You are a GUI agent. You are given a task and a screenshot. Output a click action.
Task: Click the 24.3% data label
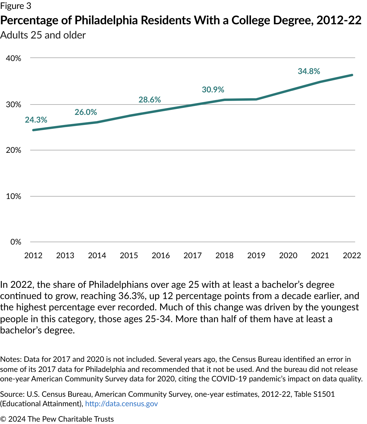pos(36,120)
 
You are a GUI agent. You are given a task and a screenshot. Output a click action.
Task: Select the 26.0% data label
pos(86,112)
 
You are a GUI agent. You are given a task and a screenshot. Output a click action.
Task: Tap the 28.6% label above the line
pos(150,99)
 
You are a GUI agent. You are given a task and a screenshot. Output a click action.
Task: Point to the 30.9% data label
pos(213,89)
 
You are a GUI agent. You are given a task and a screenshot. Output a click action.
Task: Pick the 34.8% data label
pos(309,71)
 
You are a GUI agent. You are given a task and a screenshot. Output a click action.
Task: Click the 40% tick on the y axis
pos(14,58)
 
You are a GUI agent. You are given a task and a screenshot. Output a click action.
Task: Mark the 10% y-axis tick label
pos(14,196)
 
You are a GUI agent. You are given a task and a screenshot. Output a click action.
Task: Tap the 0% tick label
pos(16,242)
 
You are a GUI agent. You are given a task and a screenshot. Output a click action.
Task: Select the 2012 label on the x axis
pos(33,256)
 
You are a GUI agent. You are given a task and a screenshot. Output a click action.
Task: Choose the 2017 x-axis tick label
pos(192,256)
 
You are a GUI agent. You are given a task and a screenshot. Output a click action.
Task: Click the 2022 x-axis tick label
pos(352,256)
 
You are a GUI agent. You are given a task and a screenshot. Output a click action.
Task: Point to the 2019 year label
pos(256,256)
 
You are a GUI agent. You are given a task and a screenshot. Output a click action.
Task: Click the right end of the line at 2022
pos(352,75)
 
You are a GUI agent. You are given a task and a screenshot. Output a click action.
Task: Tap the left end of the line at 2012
pos(33,130)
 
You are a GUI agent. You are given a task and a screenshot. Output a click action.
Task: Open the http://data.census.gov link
pos(121,404)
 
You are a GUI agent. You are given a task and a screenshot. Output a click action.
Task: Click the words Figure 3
pos(15,6)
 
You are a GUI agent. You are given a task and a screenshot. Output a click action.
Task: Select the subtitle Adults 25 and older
pos(43,35)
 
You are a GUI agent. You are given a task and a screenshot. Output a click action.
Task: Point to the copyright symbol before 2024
pos(3,419)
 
